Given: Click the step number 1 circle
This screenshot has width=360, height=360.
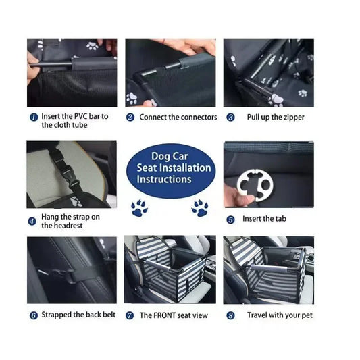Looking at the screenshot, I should coord(32,117).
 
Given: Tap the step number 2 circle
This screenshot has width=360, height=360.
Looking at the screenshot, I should coord(130,117).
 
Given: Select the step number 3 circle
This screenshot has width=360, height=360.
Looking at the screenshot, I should coord(230,117).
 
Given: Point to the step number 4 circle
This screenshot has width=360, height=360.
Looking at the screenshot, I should coord(32,221).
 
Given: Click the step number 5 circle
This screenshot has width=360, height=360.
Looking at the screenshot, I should coord(230,219).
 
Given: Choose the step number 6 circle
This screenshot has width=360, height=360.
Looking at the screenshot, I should coord(32,315).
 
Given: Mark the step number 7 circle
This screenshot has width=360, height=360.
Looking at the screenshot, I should coord(130,315).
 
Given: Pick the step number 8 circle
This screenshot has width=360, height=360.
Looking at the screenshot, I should coord(230,315).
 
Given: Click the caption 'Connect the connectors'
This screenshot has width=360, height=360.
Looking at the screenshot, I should coord(178,117).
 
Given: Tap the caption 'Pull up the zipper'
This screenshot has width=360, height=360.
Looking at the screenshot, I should coord(275,117).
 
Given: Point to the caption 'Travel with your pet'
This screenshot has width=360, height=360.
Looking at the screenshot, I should coord(280,315).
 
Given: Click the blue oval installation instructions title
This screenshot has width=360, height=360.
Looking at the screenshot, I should coord(174,169).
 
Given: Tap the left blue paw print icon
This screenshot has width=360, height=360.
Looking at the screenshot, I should coord(140,207).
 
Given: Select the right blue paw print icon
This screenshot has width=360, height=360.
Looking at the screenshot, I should coord(200,207).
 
